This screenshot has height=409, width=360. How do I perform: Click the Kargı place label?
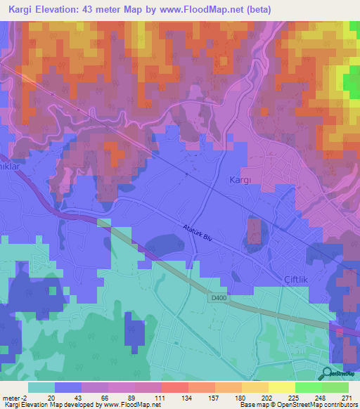click(x=240, y=180)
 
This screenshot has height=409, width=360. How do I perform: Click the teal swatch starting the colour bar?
click(x=41, y=387)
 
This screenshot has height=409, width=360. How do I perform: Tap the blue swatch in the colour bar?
click(x=68, y=387)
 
